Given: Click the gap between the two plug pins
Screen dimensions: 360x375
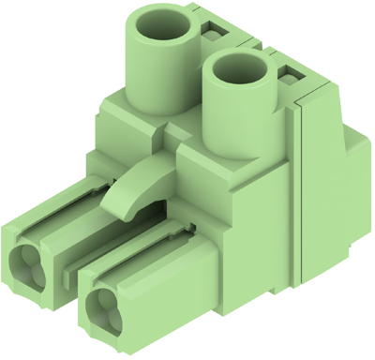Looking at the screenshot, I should coord(75,281).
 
